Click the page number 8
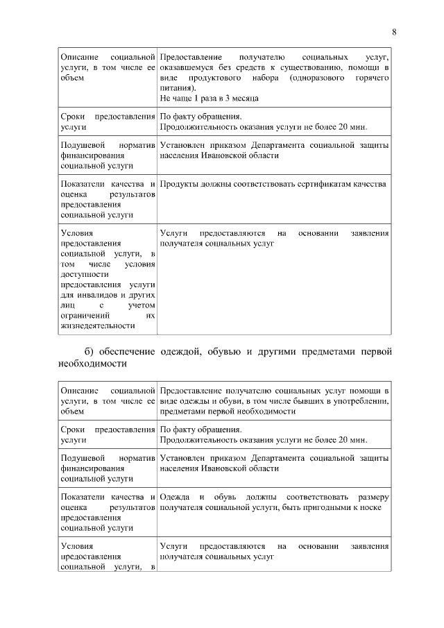pyautogui.click(x=394, y=33)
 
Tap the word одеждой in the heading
pyautogui.click(x=180, y=352)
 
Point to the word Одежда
pyautogui.click(x=174, y=498)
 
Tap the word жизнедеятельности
pyautogui.click(x=98, y=325)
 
